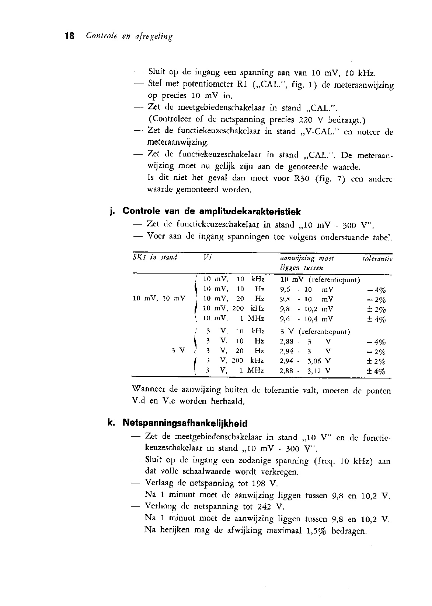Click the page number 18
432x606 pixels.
click(x=70, y=36)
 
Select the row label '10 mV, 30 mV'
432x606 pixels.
click(x=159, y=299)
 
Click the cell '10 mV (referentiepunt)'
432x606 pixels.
click(x=320, y=279)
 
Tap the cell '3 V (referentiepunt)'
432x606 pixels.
click(x=315, y=331)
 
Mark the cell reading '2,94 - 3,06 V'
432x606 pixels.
click(x=305, y=361)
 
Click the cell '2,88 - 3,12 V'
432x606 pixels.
click(x=305, y=371)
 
